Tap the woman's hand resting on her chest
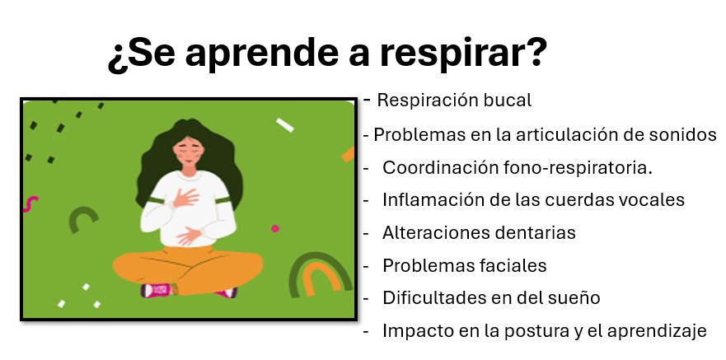click(x=185, y=198)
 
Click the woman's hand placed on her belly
click(x=189, y=236)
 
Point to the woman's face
click(x=188, y=152)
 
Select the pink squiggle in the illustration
click(x=30, y=204)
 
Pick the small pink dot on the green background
click(x=275, y=228)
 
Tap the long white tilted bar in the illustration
click(x=285, y=125)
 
